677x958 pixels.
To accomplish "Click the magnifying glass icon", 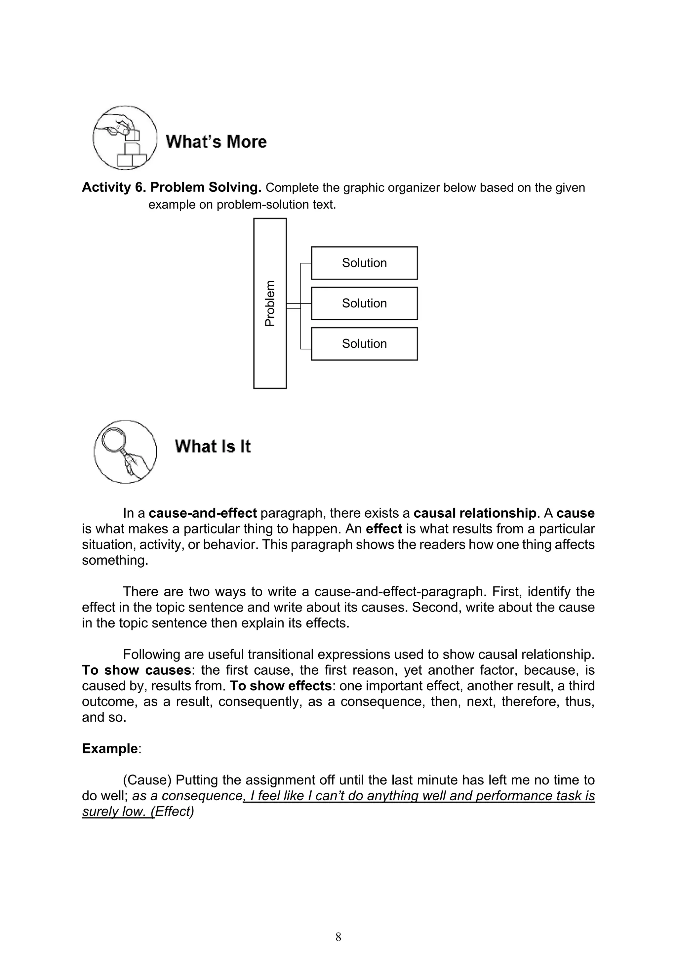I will click(125, 452).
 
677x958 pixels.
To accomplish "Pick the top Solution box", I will click(364, 263).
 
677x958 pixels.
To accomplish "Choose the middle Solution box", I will click(364, 303).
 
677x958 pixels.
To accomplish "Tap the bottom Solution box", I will click(364, 344).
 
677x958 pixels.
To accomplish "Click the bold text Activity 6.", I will click(113, 187).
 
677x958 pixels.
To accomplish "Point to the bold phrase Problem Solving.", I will click(206, 187).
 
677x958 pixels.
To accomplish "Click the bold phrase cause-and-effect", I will click(203, 513).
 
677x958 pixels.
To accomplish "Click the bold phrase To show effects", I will click(281, 686).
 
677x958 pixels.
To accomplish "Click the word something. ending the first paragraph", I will click(115, 560).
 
